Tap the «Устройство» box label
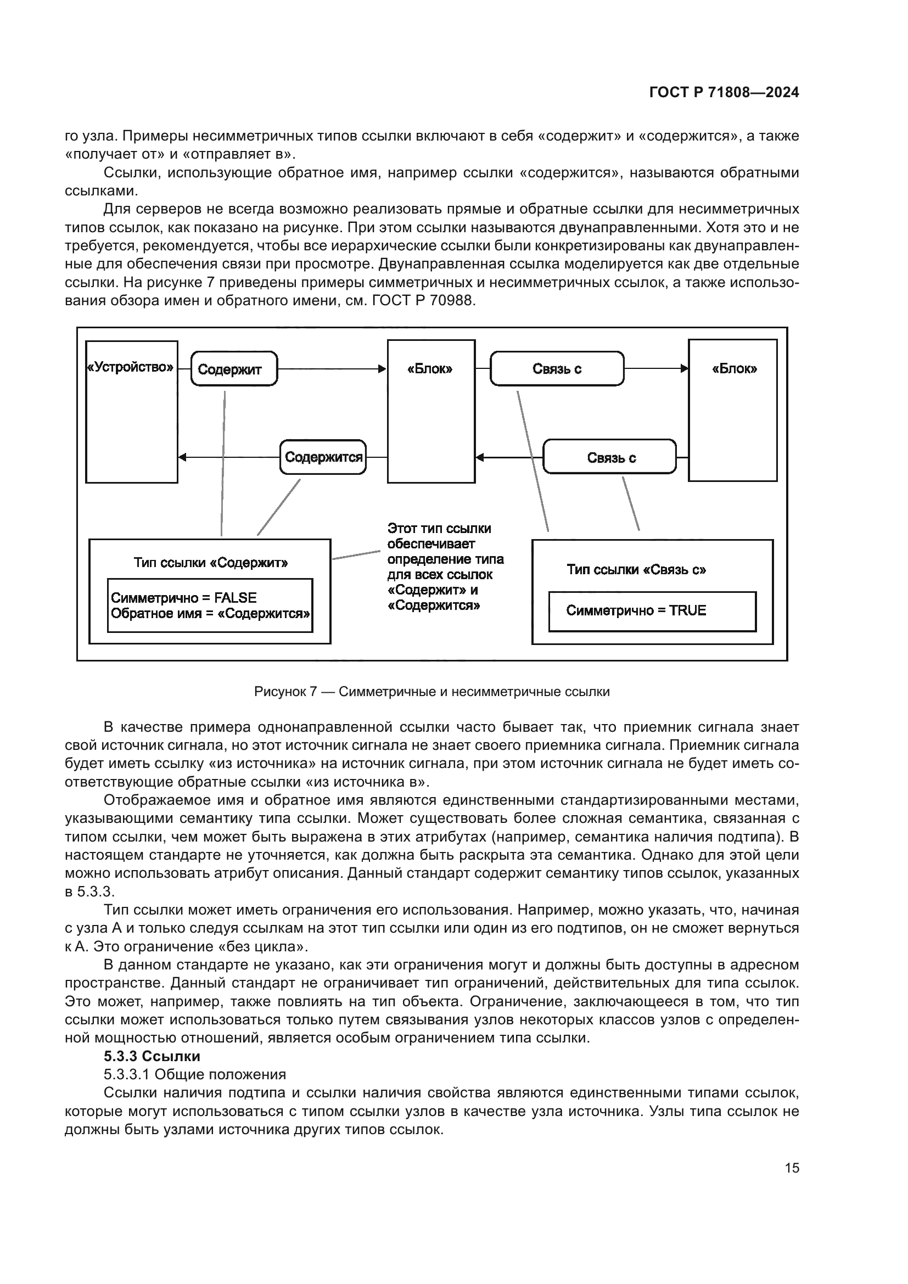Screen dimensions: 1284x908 [131, 367]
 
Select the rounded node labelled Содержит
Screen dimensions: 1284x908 [234, 369]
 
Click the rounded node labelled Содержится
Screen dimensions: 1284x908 [323, 457]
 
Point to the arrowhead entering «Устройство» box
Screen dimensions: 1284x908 [182, 457]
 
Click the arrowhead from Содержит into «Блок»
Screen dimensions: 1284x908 [383, 368]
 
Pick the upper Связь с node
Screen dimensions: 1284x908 [557, 369]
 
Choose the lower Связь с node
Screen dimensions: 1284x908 [610, 458]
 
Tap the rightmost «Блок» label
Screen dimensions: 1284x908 [734, 369]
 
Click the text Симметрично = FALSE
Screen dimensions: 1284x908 [184, 598]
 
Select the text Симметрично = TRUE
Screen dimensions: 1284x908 [636, 610]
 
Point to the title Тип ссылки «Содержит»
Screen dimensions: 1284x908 [211, 563]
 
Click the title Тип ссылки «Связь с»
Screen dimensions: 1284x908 [636, 570]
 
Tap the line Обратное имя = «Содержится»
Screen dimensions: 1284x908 [210, 614]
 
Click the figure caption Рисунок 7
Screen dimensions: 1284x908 [431, 692]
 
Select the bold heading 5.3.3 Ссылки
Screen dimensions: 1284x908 [152, 1056]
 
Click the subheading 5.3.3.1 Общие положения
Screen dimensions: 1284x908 [194, 1074]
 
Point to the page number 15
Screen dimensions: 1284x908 [792, 1168]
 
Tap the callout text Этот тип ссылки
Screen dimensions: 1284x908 [440, 529]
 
